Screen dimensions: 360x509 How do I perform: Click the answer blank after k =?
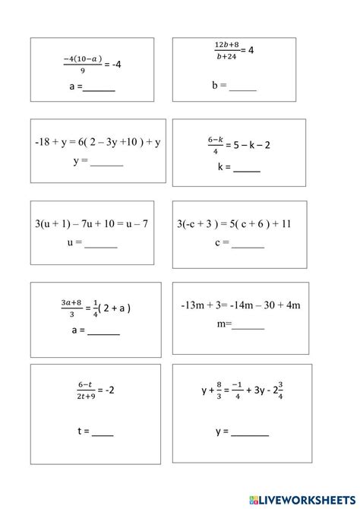pyautogui.click(x=246, y=171)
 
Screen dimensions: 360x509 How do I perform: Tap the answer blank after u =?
pyautogui.click(x=101, y=246)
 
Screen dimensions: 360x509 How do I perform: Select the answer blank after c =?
pyautogui.click(x=248, y=246)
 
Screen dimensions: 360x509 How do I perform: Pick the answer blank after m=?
pyautogui.click(x=248, y=327)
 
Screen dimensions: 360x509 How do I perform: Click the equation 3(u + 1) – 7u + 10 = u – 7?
pyautogui.click(x=90, y=224)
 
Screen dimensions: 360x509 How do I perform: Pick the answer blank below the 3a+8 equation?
pyautogui.click(x=104, y=333)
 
